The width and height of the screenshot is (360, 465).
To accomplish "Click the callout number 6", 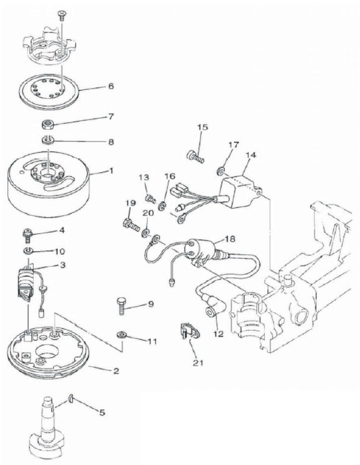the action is [x=111, y=86].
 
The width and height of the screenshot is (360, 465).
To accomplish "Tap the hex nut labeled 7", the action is [x=48, y=124].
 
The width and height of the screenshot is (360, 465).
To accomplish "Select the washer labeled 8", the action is [x=48, y=140].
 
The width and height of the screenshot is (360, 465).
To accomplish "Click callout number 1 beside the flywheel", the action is [x=112, y=171].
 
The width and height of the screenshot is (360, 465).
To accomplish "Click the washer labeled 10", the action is [x=29, y=251].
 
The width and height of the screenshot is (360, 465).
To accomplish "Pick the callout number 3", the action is [x=63, y=265].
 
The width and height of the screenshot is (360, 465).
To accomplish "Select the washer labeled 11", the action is [x=122, y=334].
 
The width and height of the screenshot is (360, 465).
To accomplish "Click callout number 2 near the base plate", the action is [x=116, y=371].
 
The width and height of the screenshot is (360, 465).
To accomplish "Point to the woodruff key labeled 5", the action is [x=71, y=399].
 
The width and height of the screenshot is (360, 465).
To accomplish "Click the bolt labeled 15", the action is [x=195, y=156].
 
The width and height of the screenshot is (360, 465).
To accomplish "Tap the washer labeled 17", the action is [x=220, y=170].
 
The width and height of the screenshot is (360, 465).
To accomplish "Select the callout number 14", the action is [x=251, y=155].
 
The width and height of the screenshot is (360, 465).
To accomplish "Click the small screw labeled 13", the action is [x=150, y=198].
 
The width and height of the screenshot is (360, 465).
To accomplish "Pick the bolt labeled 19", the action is [x=131, y=225].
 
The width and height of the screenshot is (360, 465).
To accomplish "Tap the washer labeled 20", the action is [x=146, y=232].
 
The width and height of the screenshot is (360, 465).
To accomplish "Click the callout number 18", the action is [x=230, y=238].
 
